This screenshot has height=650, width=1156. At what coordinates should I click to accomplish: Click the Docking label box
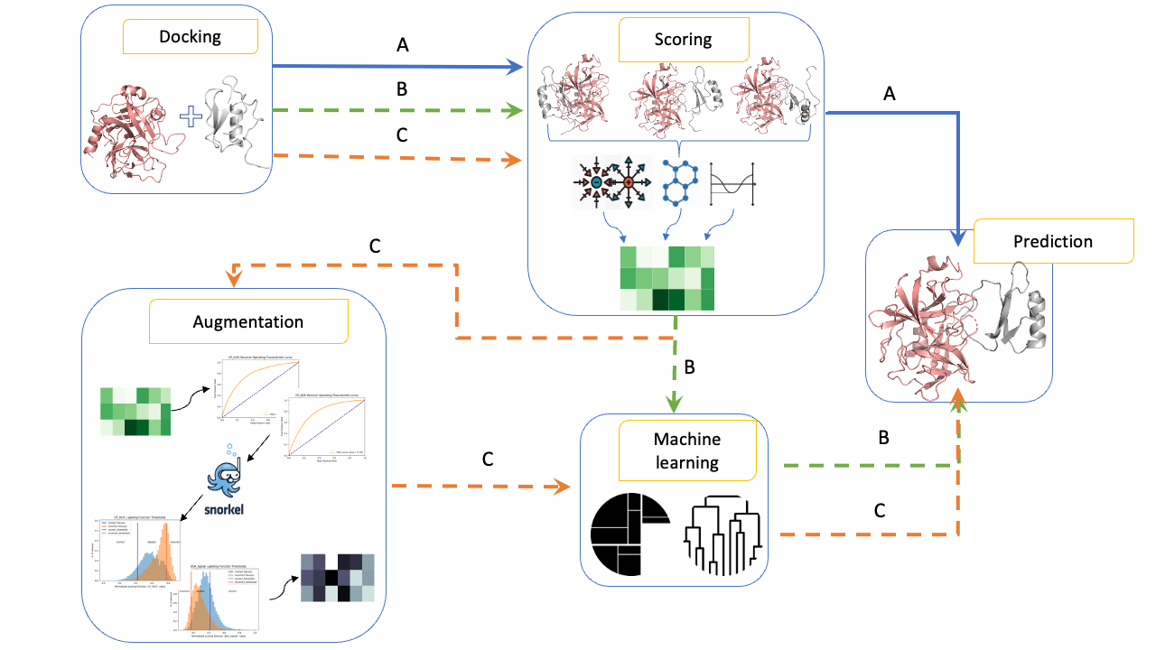[190, 37]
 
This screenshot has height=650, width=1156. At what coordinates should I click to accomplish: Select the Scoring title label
[683, 40]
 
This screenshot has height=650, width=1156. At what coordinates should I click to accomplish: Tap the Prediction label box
[1052, 242]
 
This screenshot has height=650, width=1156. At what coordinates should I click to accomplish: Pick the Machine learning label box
[686, 452]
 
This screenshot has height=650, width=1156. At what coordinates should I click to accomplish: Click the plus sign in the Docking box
[191, 116]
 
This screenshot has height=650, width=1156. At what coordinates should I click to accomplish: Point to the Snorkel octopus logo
[226, 478]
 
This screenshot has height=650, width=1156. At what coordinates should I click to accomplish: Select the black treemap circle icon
[629, 533]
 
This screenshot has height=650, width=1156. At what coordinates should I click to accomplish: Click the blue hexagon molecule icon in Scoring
[681, 181]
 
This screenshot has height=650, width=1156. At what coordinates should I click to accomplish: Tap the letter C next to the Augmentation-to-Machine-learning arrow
[488, 459]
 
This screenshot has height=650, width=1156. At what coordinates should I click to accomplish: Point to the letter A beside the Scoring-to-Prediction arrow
[889, 93]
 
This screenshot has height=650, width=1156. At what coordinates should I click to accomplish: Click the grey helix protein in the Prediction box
[1016, 316]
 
